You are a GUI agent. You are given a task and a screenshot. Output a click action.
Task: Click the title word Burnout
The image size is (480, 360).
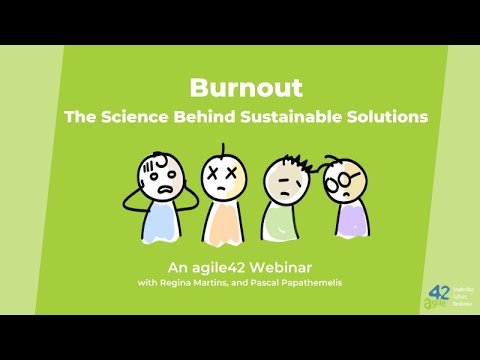click(x=239, y=88)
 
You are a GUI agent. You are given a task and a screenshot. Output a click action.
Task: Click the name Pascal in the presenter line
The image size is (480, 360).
click(x=257, y=283)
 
